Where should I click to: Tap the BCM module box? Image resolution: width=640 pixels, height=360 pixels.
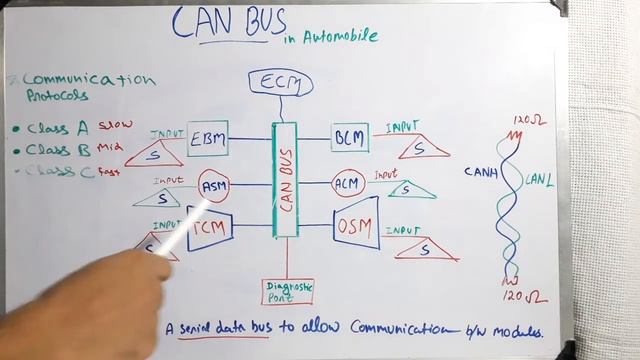(x=350, y=137)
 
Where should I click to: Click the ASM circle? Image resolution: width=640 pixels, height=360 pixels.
(x=214, y=186)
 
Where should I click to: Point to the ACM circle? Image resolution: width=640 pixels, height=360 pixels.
(x=346, y=183)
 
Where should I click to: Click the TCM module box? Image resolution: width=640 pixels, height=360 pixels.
(x=211, y=231)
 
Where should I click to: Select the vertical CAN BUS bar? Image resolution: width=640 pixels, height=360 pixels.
(x=285, y=180)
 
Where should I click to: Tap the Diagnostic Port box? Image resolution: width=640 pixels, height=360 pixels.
(x=289, y=291)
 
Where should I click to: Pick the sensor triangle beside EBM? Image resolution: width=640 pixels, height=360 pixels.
(x=157, y=153)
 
